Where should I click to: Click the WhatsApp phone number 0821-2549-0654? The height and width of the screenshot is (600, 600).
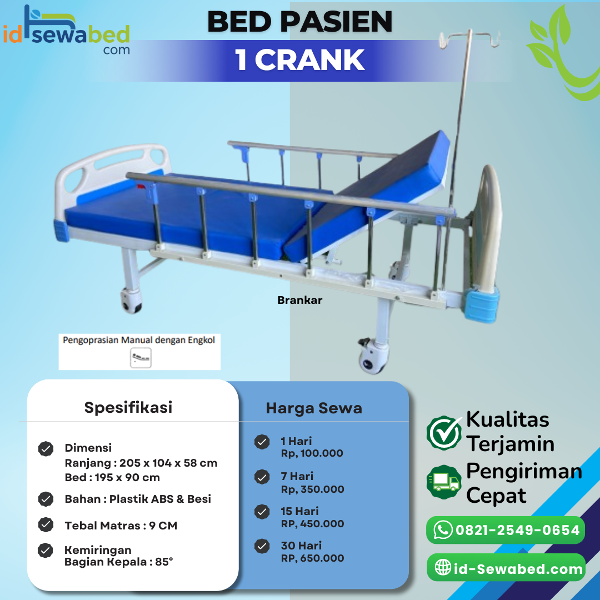pyautogui.click(x=517, y=530)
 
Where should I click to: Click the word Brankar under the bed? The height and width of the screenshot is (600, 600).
pyautogui.click(x=299, y=300)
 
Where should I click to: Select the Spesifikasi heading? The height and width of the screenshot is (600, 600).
pyautogui.click(x=128, y=407)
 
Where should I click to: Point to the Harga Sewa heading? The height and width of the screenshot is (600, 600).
pyautogui.click(x=314, y=408)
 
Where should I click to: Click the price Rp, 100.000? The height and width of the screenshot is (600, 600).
pyautogui.click(x=312, y=453)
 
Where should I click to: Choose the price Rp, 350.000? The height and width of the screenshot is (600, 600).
pyautogui.click(x=312, y=489)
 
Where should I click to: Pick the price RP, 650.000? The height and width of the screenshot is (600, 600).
pyautogui.click(x=312, y=558)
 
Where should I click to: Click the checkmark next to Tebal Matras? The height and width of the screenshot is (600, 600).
pyautogui.click(x=46, y=525)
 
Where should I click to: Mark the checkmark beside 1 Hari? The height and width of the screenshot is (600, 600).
pyautogui.click(x=262, y=442)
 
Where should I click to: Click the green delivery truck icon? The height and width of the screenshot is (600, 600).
pyautogui.click(x=444, y=482)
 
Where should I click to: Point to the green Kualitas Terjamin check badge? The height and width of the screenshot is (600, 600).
pyautogui.click(x=444, y=432)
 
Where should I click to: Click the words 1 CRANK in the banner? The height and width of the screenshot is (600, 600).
pyautogui.click(x=300, y=60)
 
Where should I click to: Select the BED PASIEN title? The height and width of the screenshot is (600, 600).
pyautogui.click(x=300, y=22)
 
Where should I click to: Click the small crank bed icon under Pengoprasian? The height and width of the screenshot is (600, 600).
pyautogui.click(x=141, y=358)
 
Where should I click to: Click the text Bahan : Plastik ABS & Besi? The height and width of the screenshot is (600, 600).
pyautogui.click(x=138, y=499)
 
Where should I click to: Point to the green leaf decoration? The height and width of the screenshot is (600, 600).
pyautogui.click(x=561, y=56)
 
